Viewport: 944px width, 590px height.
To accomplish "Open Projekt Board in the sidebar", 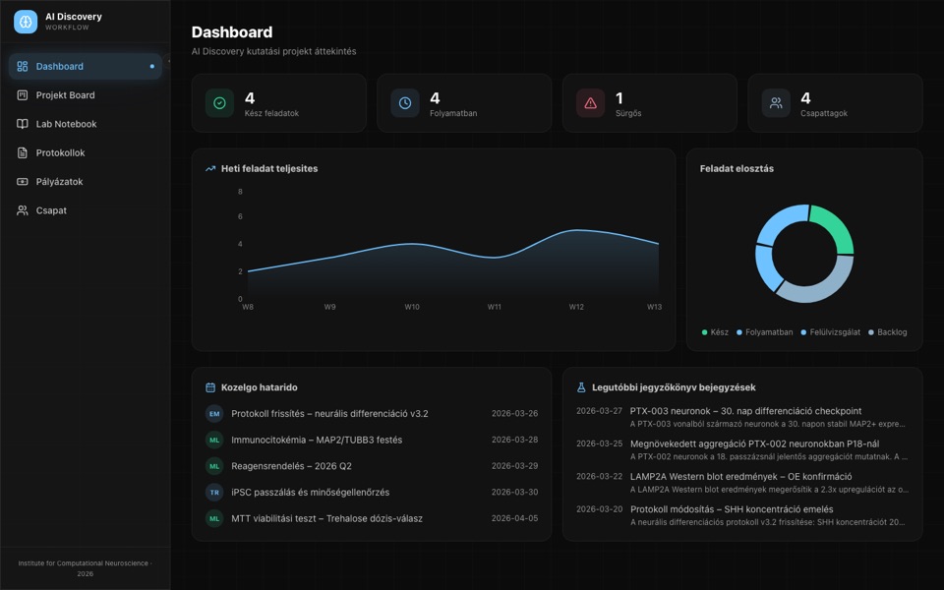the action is [x=65, y=95].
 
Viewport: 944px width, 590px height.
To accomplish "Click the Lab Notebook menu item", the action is [x=66, y=124].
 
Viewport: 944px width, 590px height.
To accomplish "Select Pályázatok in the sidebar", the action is [x=59, y=182].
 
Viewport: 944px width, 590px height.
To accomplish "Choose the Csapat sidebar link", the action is [x=51, y=210].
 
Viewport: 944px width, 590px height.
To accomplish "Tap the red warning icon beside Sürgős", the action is [x=591, y=103].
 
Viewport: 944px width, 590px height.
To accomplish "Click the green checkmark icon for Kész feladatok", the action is [x=219, y=103].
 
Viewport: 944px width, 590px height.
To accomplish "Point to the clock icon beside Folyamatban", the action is [x=405, y=103].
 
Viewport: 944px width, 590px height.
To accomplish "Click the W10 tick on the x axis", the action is [x=412, y=307].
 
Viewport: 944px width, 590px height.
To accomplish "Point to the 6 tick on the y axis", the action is [x=240, y=216].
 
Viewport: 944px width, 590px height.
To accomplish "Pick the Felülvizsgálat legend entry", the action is [x=830, y=332].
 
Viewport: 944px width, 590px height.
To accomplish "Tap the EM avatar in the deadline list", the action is [x=214, y=414].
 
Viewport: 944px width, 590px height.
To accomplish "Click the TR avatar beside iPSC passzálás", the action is [x=214, y=493].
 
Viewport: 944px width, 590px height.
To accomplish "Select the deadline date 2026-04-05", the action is [x=514, y=518].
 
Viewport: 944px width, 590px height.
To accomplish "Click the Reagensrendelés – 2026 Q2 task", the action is [x=291, y=466].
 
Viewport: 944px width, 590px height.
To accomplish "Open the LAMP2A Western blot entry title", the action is [x=741, y=476].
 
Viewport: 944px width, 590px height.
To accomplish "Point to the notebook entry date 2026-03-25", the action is [x=599, y=443].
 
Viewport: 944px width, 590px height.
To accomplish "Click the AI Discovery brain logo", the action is [x=26, y=22].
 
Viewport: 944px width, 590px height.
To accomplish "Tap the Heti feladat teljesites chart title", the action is [x=269, y=168].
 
